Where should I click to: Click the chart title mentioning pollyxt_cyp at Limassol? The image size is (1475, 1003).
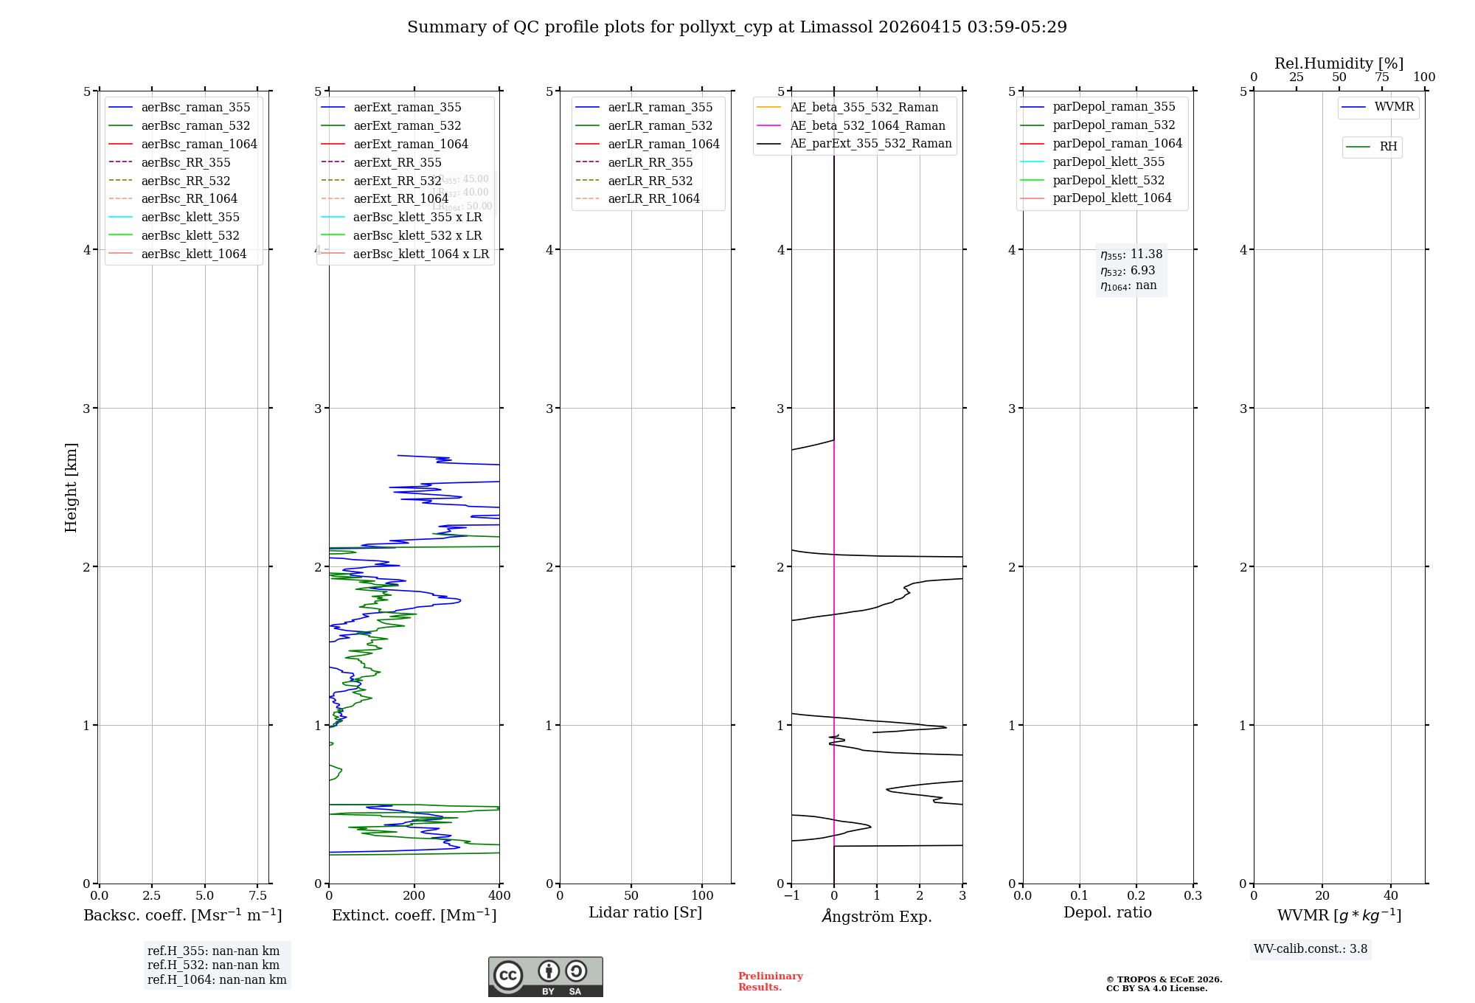[x=737, y=27]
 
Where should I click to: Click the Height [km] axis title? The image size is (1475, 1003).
[x=71, y=487]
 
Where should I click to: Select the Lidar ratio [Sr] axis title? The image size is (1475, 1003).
[x=645, y=912]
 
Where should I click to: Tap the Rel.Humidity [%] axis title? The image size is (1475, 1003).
[x=1339, y=63]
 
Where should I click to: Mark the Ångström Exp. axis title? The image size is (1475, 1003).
[x=877, y=916]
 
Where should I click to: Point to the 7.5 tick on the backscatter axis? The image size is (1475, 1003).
[x=257, y=895]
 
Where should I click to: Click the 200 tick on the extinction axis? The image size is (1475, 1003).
[x=414, y=895]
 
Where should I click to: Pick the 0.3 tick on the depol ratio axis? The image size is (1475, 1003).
[x=1193, y=895]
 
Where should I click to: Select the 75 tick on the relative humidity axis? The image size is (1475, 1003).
[x=1381, y=77]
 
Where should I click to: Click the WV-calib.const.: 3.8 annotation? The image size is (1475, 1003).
[x=1311, y=949]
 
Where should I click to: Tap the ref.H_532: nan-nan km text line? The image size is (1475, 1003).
[x=213, y=965]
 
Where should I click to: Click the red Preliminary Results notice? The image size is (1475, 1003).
[x=770, y=982]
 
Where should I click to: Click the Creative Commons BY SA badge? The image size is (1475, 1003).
[x=545, y=977]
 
